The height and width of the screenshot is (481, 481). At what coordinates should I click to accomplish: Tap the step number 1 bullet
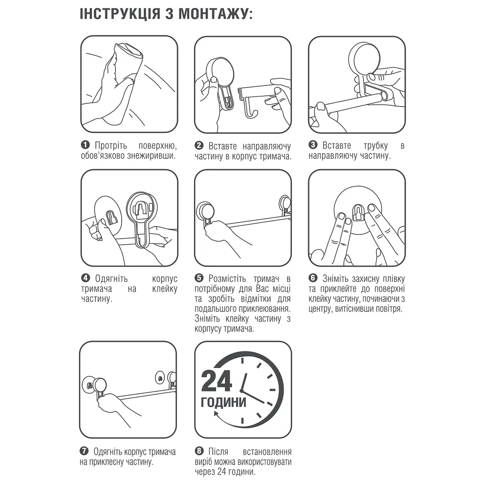85,145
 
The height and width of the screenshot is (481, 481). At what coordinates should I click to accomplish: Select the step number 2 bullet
199,146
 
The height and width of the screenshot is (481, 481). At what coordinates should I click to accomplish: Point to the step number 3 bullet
313,145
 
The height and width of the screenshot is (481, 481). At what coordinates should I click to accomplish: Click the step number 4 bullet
85,278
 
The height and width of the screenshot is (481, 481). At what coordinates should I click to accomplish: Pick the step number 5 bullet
199,278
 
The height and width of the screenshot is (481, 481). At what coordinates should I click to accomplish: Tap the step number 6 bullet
313,278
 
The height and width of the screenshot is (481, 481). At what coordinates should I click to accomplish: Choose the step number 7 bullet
84,451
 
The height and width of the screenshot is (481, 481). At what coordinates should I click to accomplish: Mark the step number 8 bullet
199,451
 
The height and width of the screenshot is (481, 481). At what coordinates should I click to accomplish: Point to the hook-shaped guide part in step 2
256,101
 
